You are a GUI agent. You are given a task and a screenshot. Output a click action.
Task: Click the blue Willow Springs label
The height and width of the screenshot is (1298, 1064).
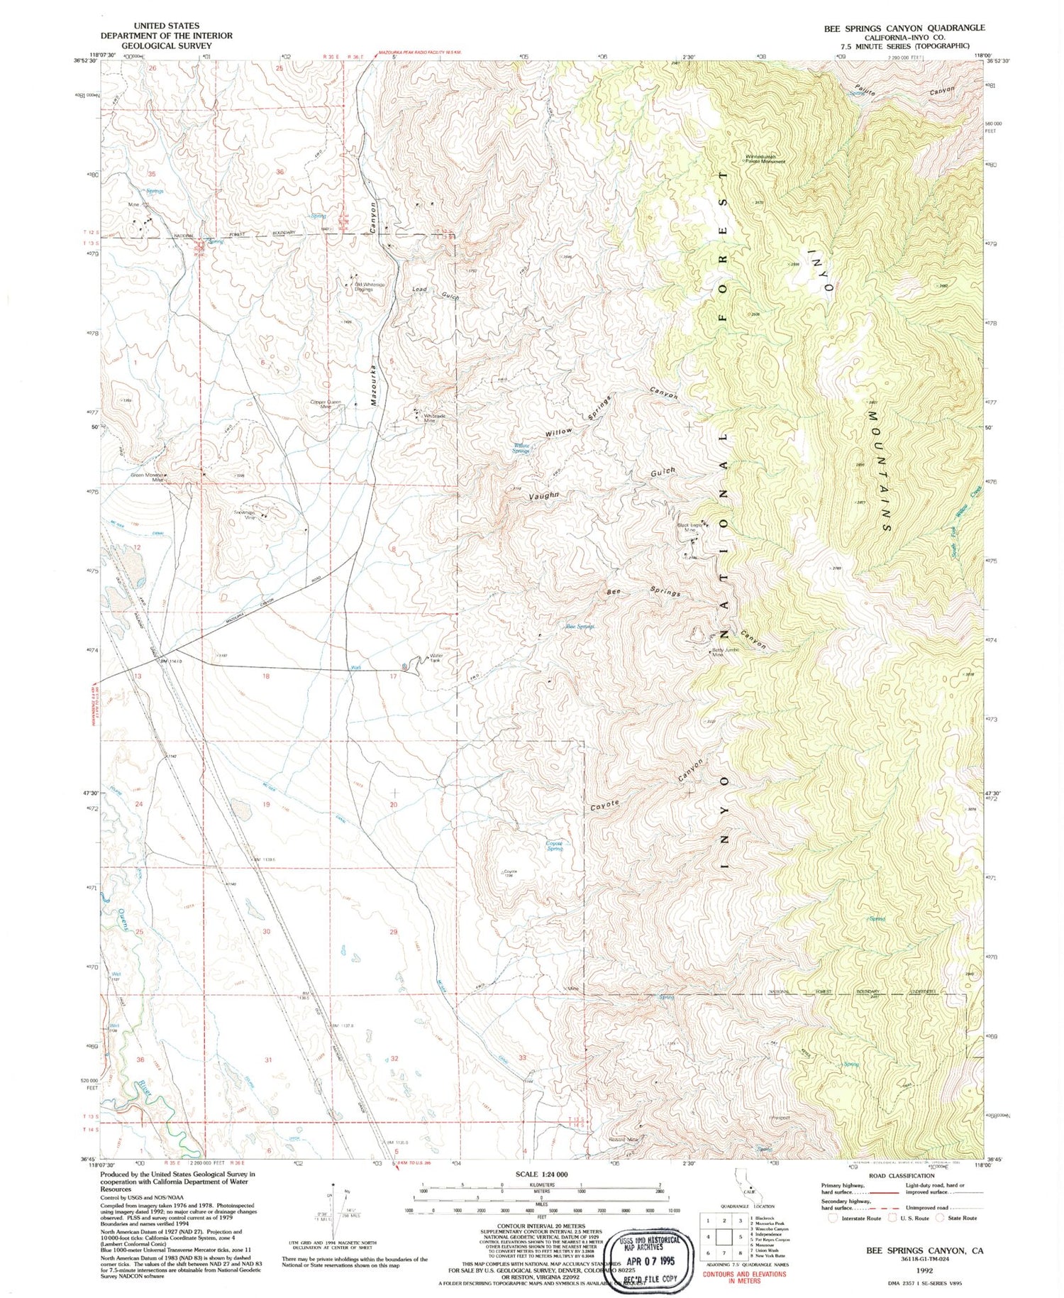521,449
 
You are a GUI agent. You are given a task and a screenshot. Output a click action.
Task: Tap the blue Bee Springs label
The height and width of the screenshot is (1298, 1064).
580,627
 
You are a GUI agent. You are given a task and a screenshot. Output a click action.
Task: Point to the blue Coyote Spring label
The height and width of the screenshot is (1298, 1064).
554,846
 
